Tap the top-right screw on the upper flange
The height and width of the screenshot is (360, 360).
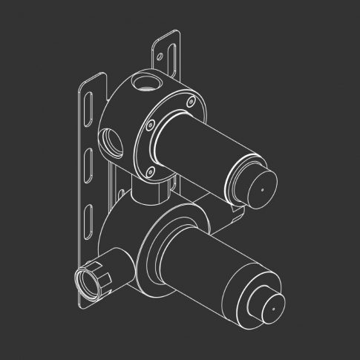coord(191,102)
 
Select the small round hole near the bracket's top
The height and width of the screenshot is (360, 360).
coord(159,54)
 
